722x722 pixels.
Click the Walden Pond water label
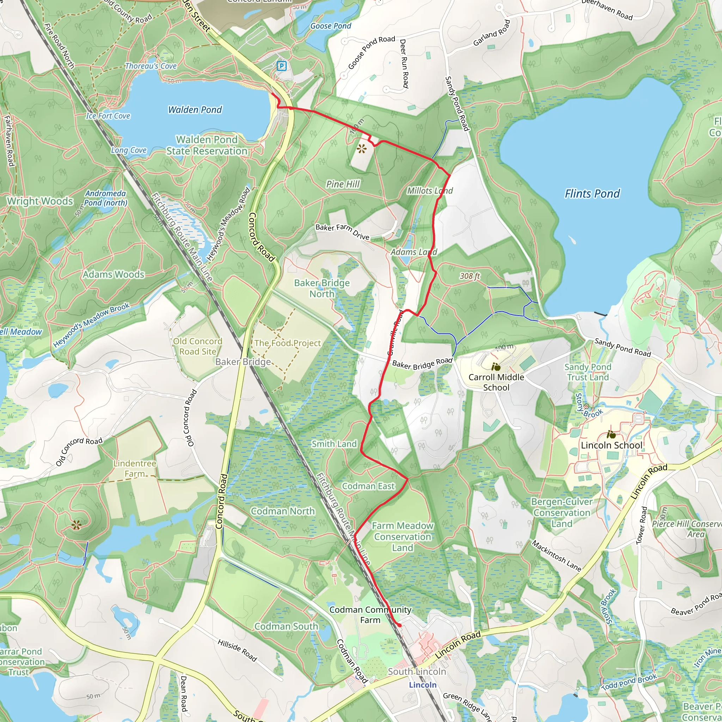tap(195, 110)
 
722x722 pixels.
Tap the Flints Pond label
tap(592, 194)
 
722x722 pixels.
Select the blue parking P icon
tap(281, 66)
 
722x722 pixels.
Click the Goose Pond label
tap(330, 26)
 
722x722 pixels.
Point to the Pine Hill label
tap(343, 184)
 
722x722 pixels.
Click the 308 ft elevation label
tap(470, 276)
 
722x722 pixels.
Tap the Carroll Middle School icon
tap(496, 367)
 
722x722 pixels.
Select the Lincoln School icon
tap(611, 435)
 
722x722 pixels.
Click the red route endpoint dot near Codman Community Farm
tap(399, 625)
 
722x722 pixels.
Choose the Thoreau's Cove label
tap(151, 66)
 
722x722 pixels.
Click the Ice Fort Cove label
tap(108, 116)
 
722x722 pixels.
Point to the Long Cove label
tap(129, 150)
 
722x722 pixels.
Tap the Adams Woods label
tap(114, 275)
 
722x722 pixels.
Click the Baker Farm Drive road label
tap(342, 232)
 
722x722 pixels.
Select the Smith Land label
tap(334, 444)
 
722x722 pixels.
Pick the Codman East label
tap(368, 486)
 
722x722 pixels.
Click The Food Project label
tap(287, 343)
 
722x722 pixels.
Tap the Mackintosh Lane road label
tap(556, 556)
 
